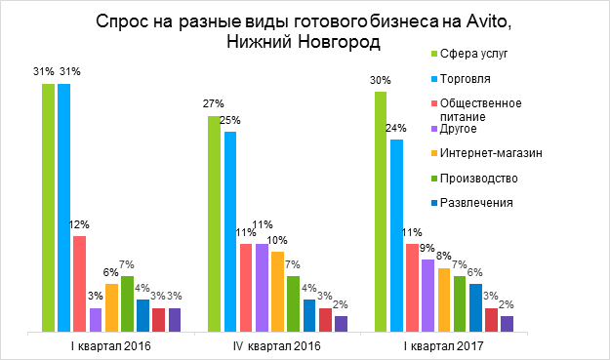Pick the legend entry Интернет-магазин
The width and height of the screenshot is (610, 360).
[489, 152]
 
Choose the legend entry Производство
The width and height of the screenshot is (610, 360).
[478, 178]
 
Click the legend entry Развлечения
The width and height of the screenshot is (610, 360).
[477, 202]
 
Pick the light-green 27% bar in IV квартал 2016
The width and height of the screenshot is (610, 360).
[215, 224]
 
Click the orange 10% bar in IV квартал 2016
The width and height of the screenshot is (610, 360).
[277, 292]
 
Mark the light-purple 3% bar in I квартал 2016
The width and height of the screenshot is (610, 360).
[95, 320]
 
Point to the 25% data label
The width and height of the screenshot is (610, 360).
[230, 120]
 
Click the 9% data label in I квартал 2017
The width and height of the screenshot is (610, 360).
[427, 249]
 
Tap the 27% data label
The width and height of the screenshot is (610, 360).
[215, 104]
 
